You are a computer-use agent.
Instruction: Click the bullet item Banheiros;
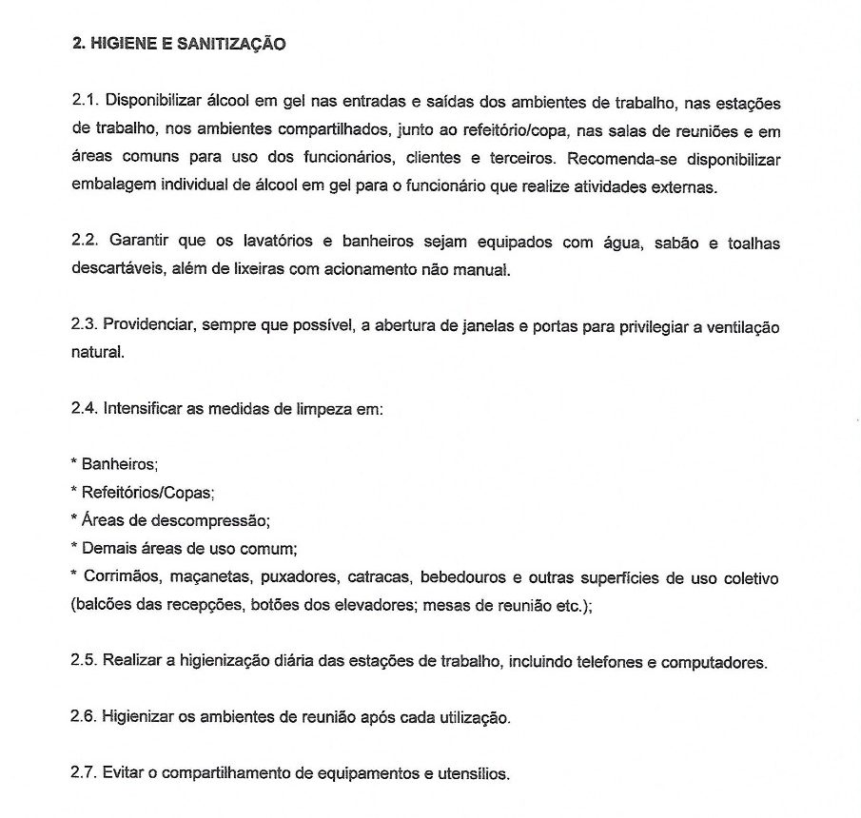[120, 465]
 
